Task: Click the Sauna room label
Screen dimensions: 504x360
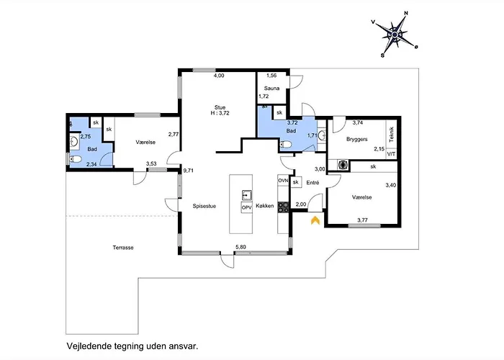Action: coord(271,88)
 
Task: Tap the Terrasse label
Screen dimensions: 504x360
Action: coord(123,248)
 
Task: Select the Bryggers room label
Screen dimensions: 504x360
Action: coord(357,139)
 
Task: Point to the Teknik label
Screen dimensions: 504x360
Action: coord(391,135)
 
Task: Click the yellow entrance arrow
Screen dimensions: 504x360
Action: coord(315,220)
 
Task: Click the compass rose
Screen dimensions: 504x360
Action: coord(395,35)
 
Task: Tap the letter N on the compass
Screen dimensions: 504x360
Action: coord(406,13)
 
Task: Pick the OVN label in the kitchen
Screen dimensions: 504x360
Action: coord(283,181)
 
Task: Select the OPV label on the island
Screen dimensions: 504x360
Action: coord(246,207)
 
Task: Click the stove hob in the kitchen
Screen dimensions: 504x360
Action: coord(283,207)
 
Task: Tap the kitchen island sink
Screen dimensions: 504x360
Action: coord(247,195)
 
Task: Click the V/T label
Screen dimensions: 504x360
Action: coord(391,154)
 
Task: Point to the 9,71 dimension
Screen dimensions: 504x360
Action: coord(189,171)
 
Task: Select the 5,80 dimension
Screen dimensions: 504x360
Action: coord(240,247)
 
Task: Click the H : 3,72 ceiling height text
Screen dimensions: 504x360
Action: coord(220,113)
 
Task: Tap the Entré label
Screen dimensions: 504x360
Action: coord(312,183)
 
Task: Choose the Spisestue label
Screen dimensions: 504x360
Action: coord(204,206)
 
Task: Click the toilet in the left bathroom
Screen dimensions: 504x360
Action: coord(75,159)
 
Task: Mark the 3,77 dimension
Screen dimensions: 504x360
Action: coord(363,220)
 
